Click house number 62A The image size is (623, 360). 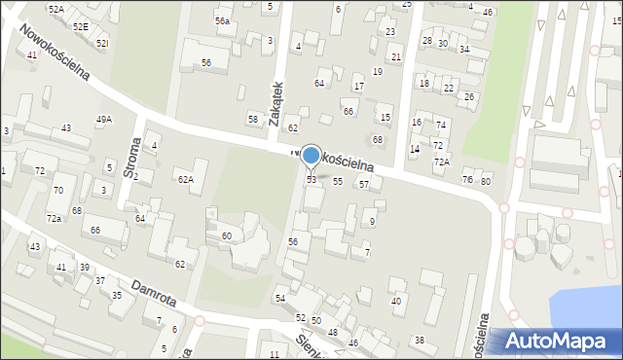click(185, 179)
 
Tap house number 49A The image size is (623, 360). click(103, 120)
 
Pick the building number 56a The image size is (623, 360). click(223, 21)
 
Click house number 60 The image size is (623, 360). click(226, 236)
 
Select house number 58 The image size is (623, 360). click(253, 120)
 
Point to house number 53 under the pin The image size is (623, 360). click(311, 180)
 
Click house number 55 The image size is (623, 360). click(338, 182)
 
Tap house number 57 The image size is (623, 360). click(363, 184)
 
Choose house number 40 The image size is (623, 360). click(396, 301)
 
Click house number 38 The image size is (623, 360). click(420, 340)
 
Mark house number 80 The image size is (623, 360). click(486, 181)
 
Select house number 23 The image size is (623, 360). click(390, 32)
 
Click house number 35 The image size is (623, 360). click(117, 295)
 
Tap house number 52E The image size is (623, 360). click(80, 27)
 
